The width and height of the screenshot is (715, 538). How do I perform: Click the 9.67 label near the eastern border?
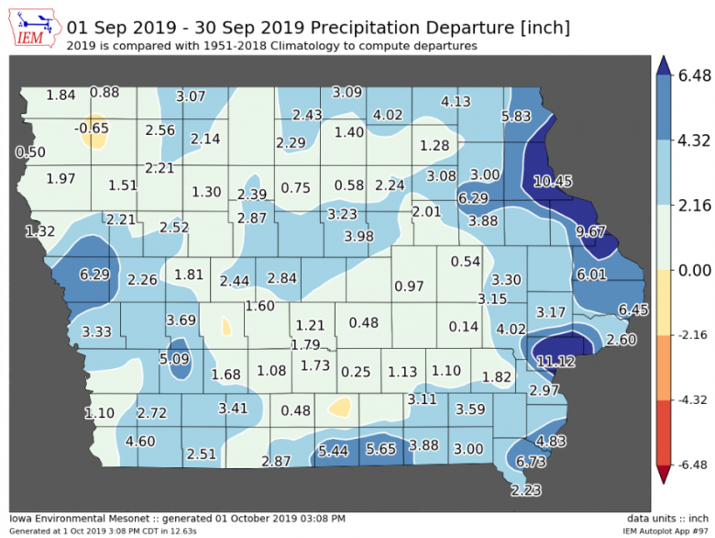[591, 231]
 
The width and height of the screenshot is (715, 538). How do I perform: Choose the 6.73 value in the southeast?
[532, 461]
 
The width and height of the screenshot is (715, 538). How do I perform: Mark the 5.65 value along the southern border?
[380, 449]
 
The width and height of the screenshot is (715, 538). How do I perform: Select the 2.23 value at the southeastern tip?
[526, 489]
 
